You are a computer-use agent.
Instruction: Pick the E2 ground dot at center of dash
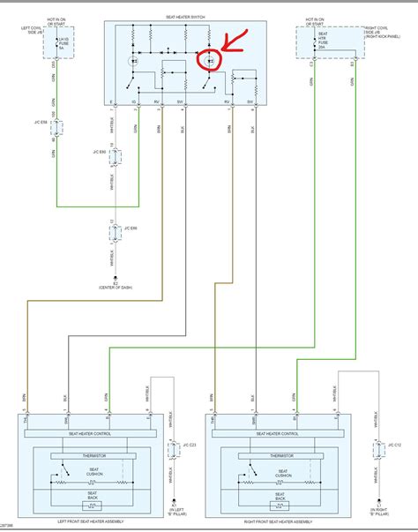point(113,276)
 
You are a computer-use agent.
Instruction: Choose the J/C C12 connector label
point(393,444)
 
